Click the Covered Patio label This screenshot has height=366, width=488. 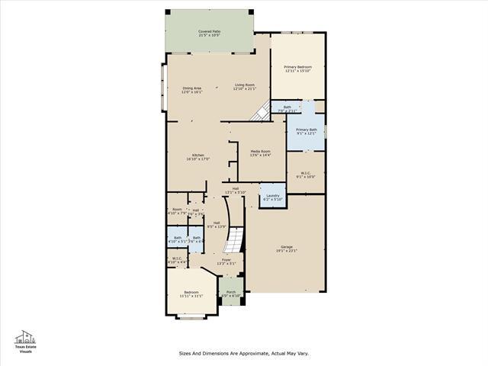click(x=209, y=34)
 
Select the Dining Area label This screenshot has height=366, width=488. click(x=191, y=90)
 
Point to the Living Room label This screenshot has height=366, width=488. click(x=244, y=87)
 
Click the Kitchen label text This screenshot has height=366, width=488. click(x=197, y=157)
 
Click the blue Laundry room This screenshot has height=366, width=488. click(x=271, y=196)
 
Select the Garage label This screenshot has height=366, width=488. click(x=287, y=249)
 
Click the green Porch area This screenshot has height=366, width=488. click(x=230, y=289)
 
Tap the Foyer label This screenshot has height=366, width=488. click(x=226, y=262)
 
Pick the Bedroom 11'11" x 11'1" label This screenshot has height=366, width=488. click(x=190, y=294)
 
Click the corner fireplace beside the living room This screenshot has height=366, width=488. click(x=262, y=112)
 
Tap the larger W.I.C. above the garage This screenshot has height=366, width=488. click(x=305, y=175)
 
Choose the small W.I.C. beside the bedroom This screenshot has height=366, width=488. click(x=176, y=260)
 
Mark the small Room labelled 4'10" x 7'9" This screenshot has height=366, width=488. click(x=176, y=211)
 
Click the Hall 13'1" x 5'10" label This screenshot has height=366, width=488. click(x=236, y=191)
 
